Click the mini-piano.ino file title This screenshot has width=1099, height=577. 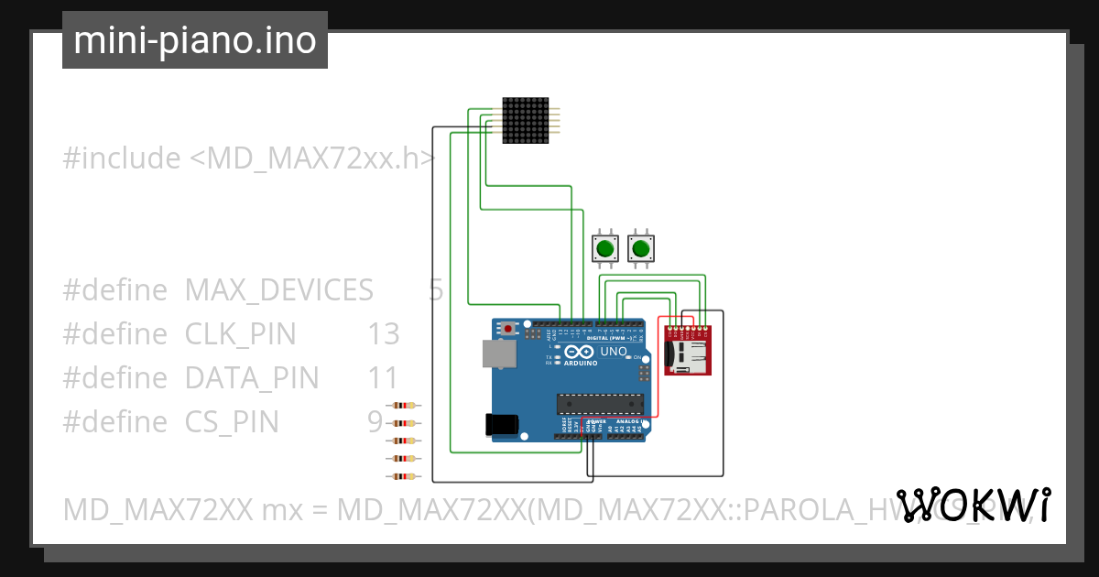pyautogui.click(x=195, y=40)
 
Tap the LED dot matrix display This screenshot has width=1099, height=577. pyautogui.click(x=525, y=120)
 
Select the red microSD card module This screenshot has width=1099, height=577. pyautogui.click(x=687, y=351)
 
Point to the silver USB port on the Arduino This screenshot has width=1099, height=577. pyautogui.click(x=499, y=354)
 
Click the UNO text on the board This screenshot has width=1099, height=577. pyautogui.click(x=614, y=352)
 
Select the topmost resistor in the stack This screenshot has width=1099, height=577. pyautogui.click(x=404, y=406)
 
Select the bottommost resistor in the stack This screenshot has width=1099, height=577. pyautogui.click(x=404, y=476)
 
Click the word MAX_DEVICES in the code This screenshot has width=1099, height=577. pyautogui.click(x=278, y=290)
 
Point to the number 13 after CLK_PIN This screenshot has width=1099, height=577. pyautogui.click(x=384, y=334)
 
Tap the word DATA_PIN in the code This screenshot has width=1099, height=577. pyautogui.click(x=252, y=378)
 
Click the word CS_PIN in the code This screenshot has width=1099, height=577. pyautogui.click(x=232, y=422)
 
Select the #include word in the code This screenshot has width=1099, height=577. pyautogui.click(x=122, y=158)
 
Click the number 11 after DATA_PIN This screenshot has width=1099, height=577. pyautogui.click(x=384, y=378)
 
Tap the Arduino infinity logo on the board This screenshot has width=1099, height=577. pyautogui.click(x=580, y=353)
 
